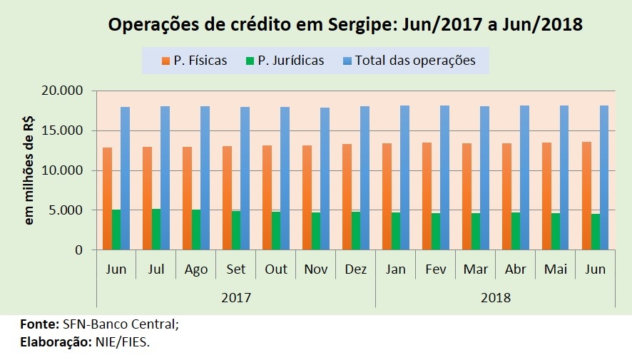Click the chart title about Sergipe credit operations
pyautogui.click(x=345, y=25)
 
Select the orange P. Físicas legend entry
pyautogui.click(x=194, y=61)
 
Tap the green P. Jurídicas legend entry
pyautogui.click(x=283, y=61)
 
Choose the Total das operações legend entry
pyautogui.click(x=409, y=61)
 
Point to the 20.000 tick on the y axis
pyautogui.click(x=63, y=91)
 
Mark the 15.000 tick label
pyautogui.click(x=63, y=131)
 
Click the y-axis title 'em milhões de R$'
pyautogui.click(x=29, y=171)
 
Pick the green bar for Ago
pyautogui.click(x=195, y=230)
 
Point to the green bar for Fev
pyautogui.click(x=435, y=231)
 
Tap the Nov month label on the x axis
pyautogui.click(x=315, y=269)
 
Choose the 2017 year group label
pyautogui.click(x=235, y=297)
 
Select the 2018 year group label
pyautogui.click(x=495, y=297)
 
